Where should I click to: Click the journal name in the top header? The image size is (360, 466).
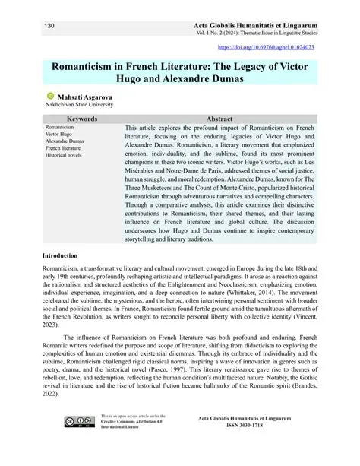pyautogui.click(x=260, y=27)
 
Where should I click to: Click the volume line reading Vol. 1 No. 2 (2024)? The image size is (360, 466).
pyautogui.click(x=219, y=35)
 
